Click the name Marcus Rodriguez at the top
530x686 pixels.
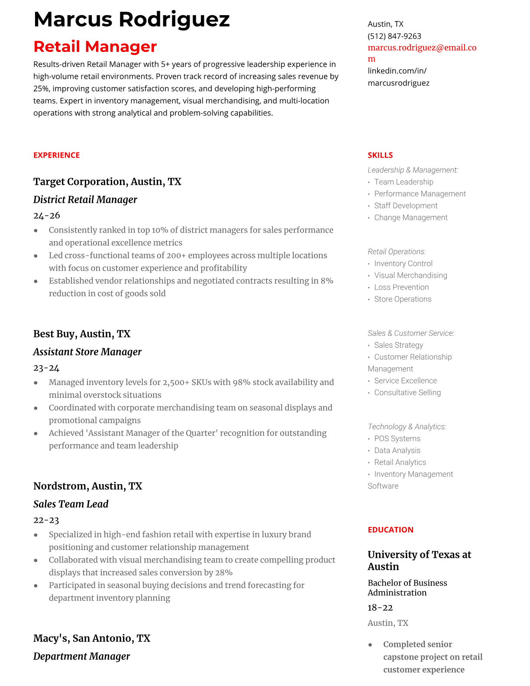[x=131, y=20]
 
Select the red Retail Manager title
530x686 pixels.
[x=95, y=47]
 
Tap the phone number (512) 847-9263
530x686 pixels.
[x=394, y=36]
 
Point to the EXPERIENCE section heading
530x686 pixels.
[x=56, y=155]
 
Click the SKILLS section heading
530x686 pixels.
[x=380, y=155]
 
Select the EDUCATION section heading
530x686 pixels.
[x=390, y=530]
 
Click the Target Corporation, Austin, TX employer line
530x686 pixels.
[x=107, y=182]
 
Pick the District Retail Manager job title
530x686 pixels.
[x=85, y=200]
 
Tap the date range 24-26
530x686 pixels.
[x=46, y=216]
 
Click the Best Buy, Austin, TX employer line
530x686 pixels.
[x=81, y=334]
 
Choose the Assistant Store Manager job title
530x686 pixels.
[x=87, y=352]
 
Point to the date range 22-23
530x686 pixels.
[x=46, y=520]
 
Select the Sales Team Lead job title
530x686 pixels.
[x=71, y=504]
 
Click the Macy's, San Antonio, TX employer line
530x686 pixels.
[x=91, y=638]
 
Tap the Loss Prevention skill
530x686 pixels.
[x=401, y=288]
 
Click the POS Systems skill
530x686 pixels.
[x=397, y=439]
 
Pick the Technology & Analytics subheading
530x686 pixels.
[x=407, y=427]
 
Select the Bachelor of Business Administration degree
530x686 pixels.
[x=407, y=588]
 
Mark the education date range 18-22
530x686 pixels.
[x=380, y=608]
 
